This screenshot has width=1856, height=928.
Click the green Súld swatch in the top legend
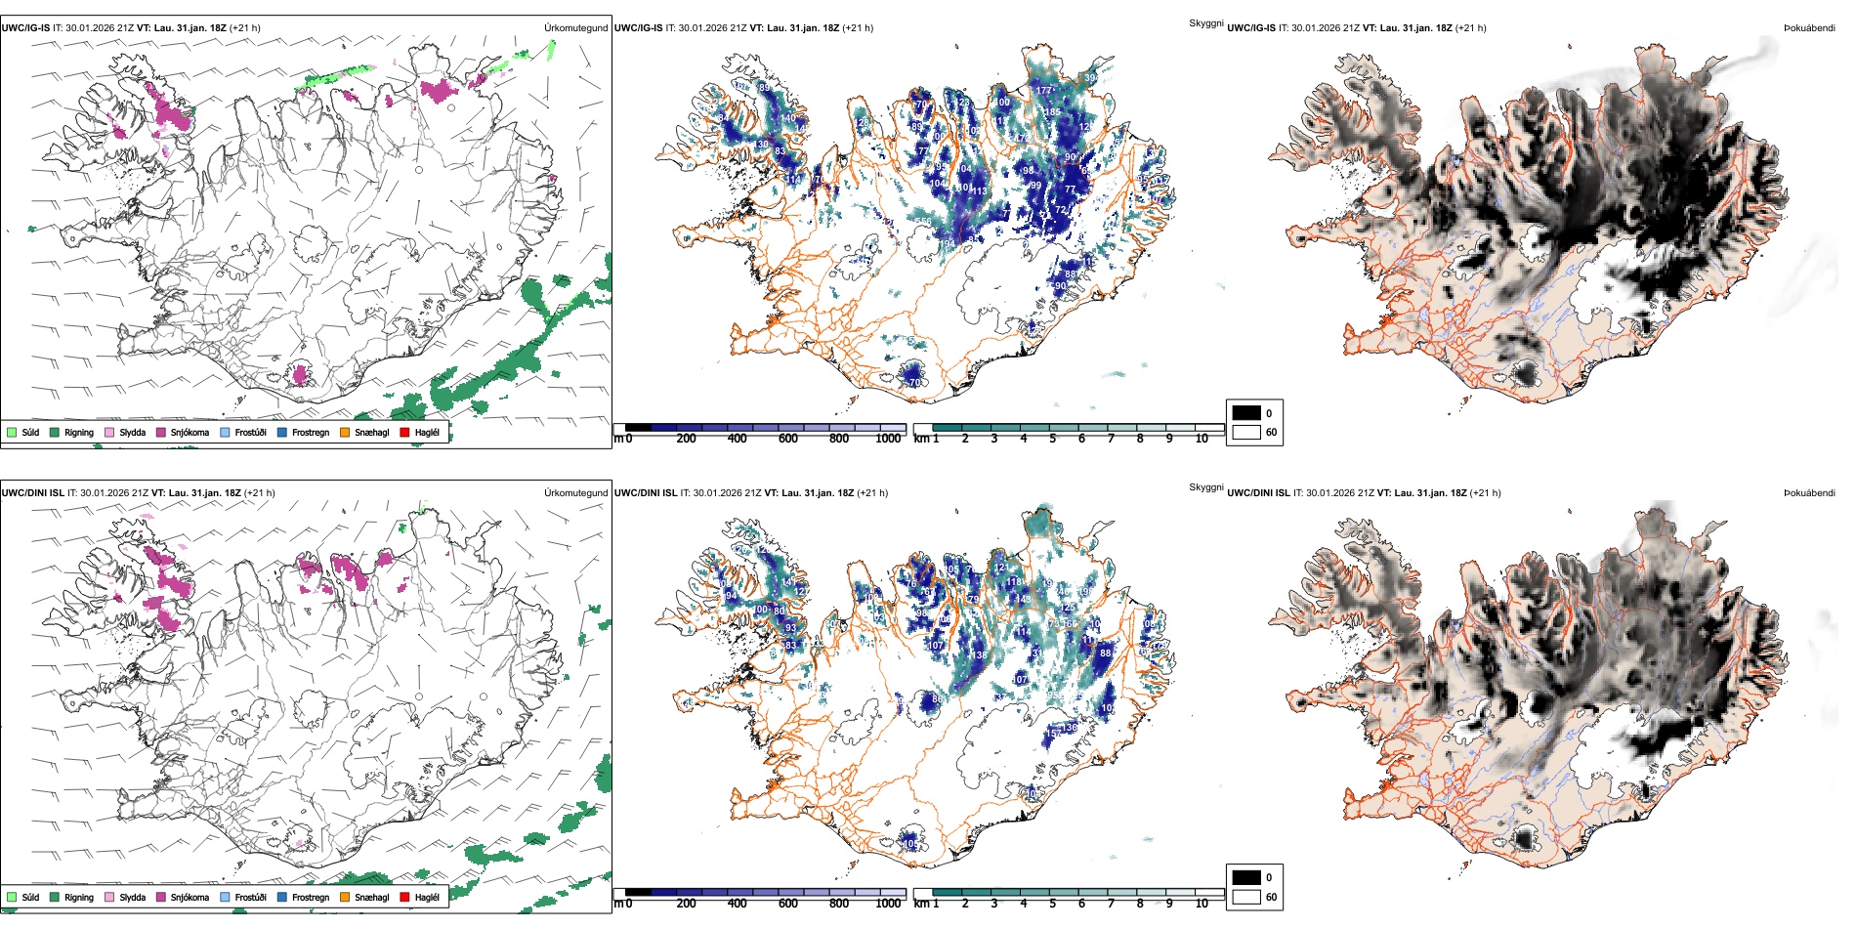(12, 432)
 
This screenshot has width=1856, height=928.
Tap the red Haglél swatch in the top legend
(404, 432)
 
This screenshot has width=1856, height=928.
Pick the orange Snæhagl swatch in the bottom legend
(345, 897)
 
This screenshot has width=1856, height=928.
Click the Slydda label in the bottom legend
(132, 897)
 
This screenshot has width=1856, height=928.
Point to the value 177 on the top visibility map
(1044, 90)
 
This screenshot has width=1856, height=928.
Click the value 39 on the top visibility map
(1089, 78)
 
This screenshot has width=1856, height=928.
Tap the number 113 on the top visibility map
(978, 190)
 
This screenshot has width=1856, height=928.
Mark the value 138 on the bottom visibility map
(977, 655)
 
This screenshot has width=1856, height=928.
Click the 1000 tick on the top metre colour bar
(888, 439)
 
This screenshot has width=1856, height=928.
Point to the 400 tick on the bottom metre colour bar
(737, 904)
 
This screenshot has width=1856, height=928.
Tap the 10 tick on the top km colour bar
(1202, 439)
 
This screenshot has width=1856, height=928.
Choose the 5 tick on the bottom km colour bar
(1052, 904)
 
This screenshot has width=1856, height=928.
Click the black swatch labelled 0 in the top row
(1246, 413)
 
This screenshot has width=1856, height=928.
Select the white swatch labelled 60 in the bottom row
(1246, 897)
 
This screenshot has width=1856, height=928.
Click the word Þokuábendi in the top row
(1809, 28)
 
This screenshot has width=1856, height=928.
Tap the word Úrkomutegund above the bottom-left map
(575, 493)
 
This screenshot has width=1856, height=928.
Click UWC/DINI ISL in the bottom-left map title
(32, 493)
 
